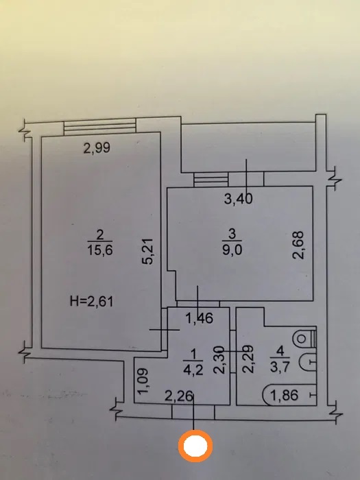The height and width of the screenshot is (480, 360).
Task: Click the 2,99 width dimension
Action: tap(97, 148)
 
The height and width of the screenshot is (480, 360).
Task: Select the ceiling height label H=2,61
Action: tap(91, 301)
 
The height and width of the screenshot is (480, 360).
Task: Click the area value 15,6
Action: tap(100, 250)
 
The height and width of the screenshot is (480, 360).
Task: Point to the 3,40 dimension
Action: tap(239, 199)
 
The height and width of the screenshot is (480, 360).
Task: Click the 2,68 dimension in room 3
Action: tap(298, 245)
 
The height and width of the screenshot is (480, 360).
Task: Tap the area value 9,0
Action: tap(232, 250)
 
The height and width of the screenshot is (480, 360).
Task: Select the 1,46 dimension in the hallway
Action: tap(200, 318)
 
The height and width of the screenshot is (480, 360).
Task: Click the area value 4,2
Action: tap(193, 370)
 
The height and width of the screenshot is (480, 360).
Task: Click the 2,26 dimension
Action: tap(179, 396)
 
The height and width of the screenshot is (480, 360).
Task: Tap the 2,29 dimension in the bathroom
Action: tap(248, 359)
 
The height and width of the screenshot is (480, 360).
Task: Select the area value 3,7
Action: tap(280, 367)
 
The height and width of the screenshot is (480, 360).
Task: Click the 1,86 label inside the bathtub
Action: tap(285, 395)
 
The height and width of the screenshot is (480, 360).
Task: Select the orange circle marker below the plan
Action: tap(195, 446)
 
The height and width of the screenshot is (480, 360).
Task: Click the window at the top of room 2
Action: tap(99, 126)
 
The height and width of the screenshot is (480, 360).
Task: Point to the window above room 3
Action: tap(211, 180)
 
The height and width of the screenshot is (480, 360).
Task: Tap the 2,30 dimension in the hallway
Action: tap(219, 360)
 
